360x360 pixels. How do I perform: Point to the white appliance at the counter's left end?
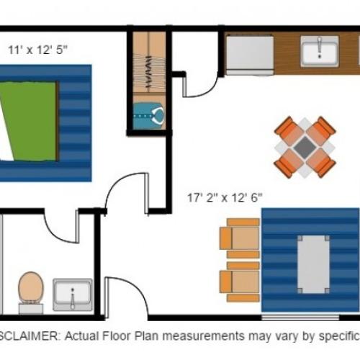pyautogui.click(x=250, y=53)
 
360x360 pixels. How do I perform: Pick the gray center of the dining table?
pyautogui.click(x=305, y=148)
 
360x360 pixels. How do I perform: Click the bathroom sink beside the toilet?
pyautogui.click(x=73, y=294)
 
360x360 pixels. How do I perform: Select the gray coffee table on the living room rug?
pyautogui.click(x=313, y=264)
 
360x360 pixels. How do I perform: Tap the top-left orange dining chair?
pyautogui.click(x=287, y=130)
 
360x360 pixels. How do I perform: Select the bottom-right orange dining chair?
pyautogui.click(x=324, y=166)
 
